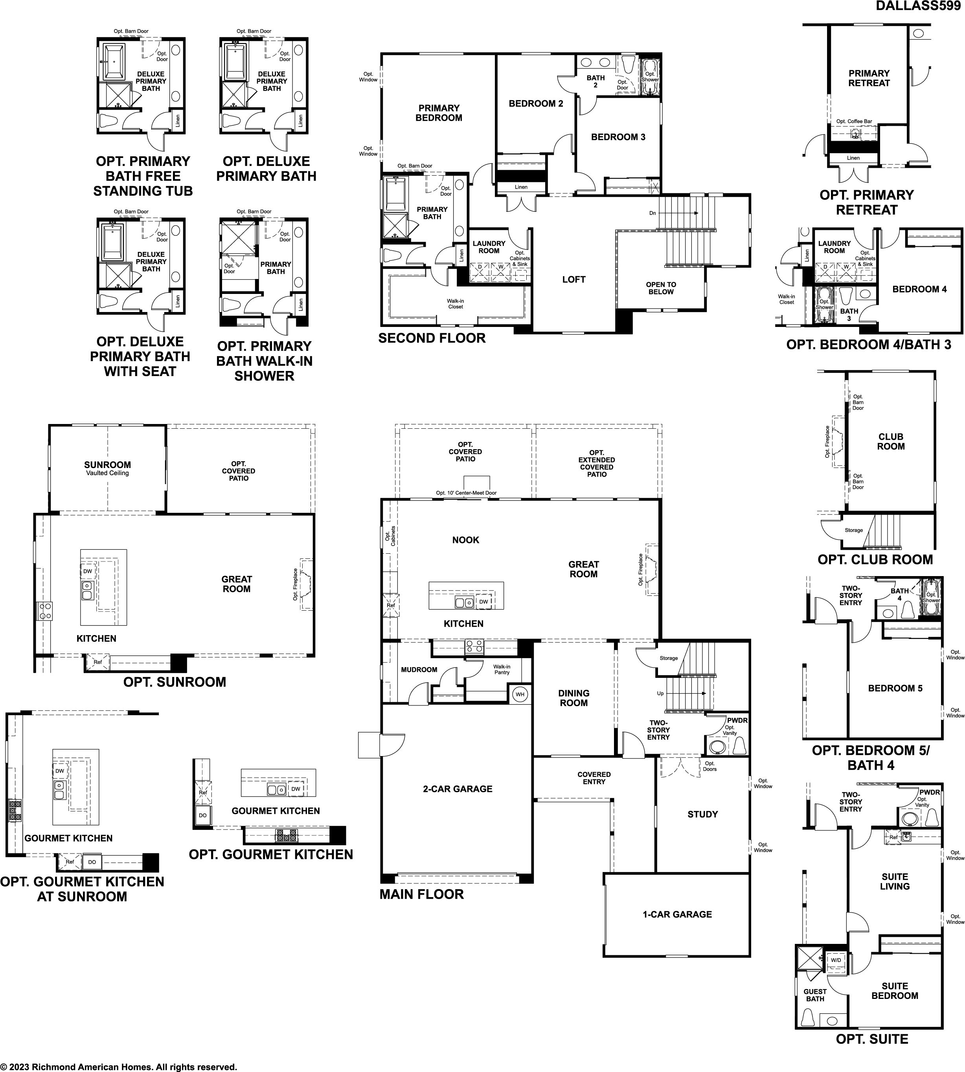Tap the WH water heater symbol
coord(520,694)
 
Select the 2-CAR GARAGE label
coord(458,789)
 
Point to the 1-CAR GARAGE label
coord(677,914)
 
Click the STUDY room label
coord(702,814)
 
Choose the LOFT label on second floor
coord(574,279)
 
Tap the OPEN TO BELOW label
coord(661,288)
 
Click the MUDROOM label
coord(419,670)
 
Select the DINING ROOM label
coord(574,698)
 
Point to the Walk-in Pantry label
coord(502,670)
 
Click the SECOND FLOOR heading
coord(432,338)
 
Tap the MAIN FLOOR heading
coord(421,894)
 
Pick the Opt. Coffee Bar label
coord(854,121)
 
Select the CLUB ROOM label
coord(891,442)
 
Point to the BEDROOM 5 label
coord(895,688)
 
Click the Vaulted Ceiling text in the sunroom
coord(108,473)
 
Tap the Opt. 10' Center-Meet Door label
coord(466,493)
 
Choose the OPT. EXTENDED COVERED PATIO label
coord(597,463)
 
